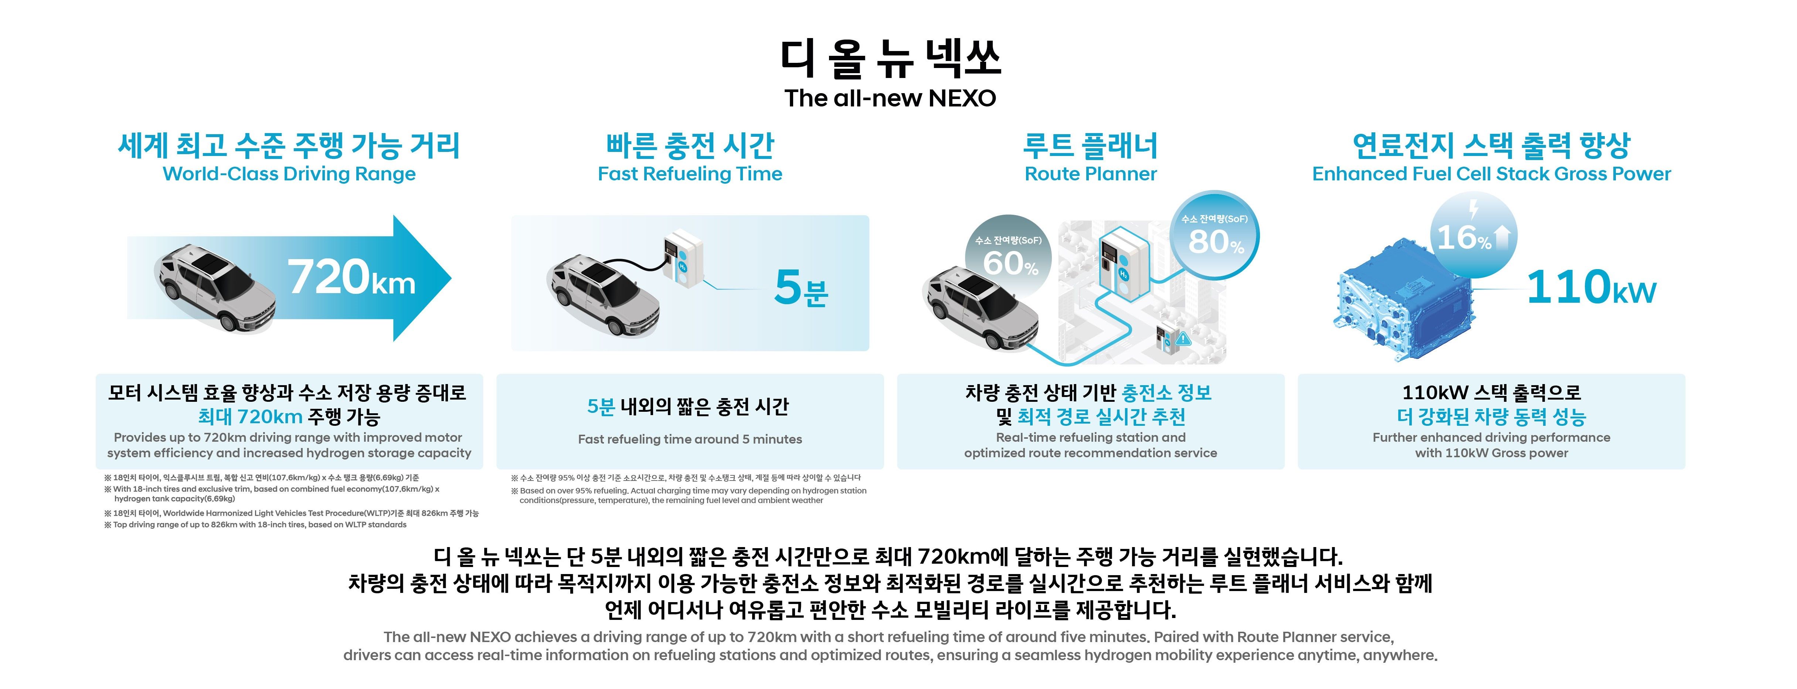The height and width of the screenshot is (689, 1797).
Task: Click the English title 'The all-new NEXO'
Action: (890, 98)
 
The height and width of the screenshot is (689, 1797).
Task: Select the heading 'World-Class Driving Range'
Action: (289, 174)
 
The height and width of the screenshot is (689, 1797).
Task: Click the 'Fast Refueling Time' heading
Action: (690, 174)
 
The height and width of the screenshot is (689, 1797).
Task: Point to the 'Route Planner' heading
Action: (1090, 174)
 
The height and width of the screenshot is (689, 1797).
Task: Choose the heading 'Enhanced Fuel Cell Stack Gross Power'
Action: (1491, 174)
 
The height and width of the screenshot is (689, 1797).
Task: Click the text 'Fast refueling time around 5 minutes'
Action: (690, 439)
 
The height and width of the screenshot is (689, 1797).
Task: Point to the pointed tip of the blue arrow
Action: (451, 278)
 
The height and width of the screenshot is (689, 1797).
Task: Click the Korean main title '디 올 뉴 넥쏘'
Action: (890, 58)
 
